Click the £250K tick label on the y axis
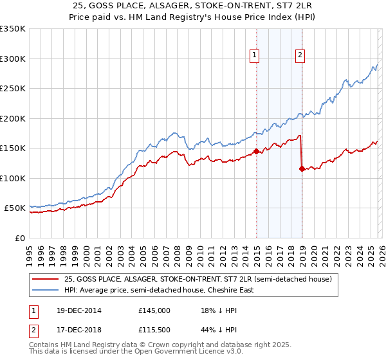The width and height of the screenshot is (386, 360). (x=12, y=89)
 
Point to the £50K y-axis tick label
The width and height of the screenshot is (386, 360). (x=15, y=208)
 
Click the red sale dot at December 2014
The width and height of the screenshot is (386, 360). (x=256, y=152)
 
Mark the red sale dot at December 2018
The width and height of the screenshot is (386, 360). (x=302, y=169)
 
